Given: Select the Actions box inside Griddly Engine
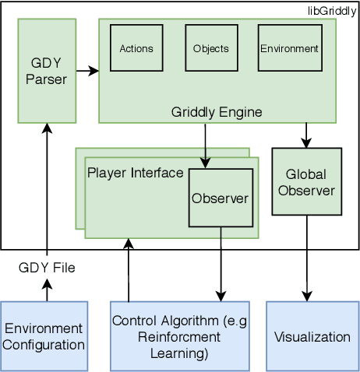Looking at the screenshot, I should tap(136, 48).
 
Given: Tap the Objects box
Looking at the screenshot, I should tap(210, 48).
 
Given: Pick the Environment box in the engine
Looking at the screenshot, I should tap(289, 48).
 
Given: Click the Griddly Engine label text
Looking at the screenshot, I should tap(217, 112).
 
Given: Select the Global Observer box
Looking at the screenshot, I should tap(305, 181).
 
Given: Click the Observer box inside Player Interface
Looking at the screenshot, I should tap(221, 198).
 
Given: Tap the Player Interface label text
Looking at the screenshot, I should tap(136, 172).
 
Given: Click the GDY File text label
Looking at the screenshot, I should tap(48, 267).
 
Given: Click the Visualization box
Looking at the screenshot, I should tap(312, 335).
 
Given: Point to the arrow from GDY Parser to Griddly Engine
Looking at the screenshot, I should tap(87, 72).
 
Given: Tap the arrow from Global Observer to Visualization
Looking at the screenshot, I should tap(306, 257).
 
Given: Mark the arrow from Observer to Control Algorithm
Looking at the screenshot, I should tap(221, 265).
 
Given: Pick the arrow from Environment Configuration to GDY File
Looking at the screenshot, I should tap(47, 290).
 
